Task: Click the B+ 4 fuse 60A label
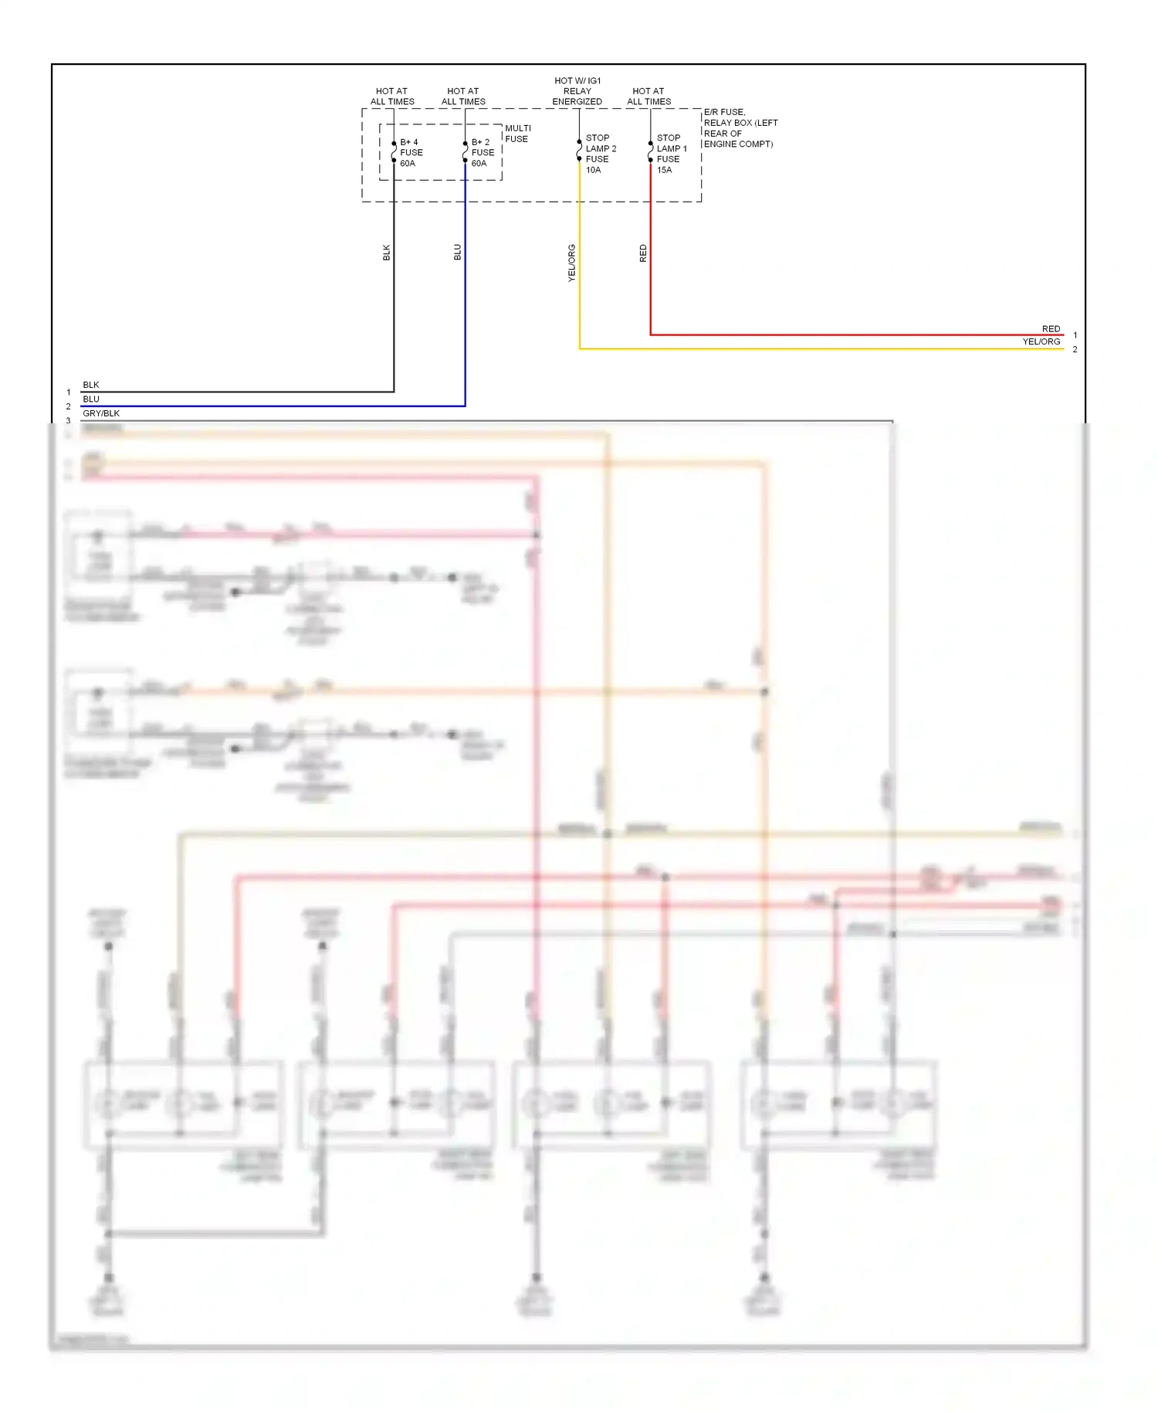coord(411,153)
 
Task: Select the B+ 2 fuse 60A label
coord(482,153)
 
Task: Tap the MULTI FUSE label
coord(517,134)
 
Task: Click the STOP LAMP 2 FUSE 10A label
coord(600,154)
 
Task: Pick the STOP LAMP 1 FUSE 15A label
coord(671,154)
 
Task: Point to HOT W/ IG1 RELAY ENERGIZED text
coord(577,91)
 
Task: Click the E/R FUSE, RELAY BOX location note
coord(740,128)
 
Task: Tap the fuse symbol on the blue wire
coord(465,152)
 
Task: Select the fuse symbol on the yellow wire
coord(579,151)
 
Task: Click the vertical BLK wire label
coord(387,253)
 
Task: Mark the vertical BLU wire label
coord(458,253)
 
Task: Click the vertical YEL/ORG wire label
coord(572,263)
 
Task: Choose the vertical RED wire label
coord(643,253)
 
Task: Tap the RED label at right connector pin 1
coord(1051,329)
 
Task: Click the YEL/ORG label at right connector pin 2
coord(1041,341)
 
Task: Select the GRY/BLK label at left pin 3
coord(101,413)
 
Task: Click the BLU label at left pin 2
coord(91,399)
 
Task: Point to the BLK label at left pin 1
coord(91,385)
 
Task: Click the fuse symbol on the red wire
coord(650,151)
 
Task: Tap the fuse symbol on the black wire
coord(394,152)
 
